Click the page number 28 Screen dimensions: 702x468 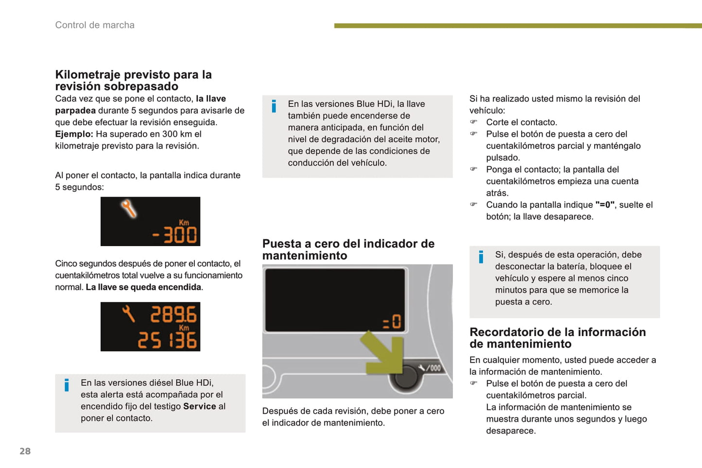[25, 451]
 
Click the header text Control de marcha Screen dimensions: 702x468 [95, 25]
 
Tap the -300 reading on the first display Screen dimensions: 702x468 [174, 235]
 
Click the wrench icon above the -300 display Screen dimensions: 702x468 [128, 208]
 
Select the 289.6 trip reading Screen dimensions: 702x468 [173, 314]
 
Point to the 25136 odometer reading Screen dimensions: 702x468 [167, 340]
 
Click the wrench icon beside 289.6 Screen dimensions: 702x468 [128, 314]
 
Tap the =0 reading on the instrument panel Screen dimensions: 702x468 [392, 322]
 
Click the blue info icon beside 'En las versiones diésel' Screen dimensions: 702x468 [67, 385]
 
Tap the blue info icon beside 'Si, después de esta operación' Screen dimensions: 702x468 [481, 257]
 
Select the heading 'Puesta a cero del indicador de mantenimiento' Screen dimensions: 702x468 [348, 250]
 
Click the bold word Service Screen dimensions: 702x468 [200, 406]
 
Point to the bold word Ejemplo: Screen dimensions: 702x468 [74, 134]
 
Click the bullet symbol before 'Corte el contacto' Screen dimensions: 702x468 [473, 122]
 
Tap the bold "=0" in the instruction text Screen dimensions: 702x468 [605, 204]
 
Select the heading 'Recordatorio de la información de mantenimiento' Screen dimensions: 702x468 [558, 338]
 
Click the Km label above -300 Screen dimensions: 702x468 [184, 223]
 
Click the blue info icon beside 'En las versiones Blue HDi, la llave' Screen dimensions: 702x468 [274, 106]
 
